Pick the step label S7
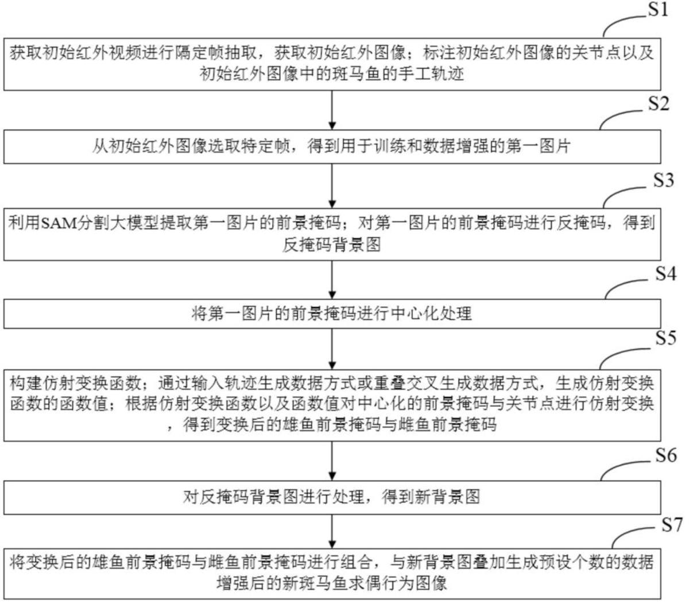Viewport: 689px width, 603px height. tap(672, 524)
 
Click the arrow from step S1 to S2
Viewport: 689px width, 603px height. tap(332, 110)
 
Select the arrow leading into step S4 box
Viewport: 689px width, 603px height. tap(332, 280)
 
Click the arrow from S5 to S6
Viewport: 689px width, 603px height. tap(332, 461)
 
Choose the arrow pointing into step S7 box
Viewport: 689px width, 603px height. tap(332, 529)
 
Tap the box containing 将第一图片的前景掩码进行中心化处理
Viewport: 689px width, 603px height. tap(332, 314)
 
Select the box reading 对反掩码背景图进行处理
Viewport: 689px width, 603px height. tap(332, 496)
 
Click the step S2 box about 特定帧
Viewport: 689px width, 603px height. tap(332, 146)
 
